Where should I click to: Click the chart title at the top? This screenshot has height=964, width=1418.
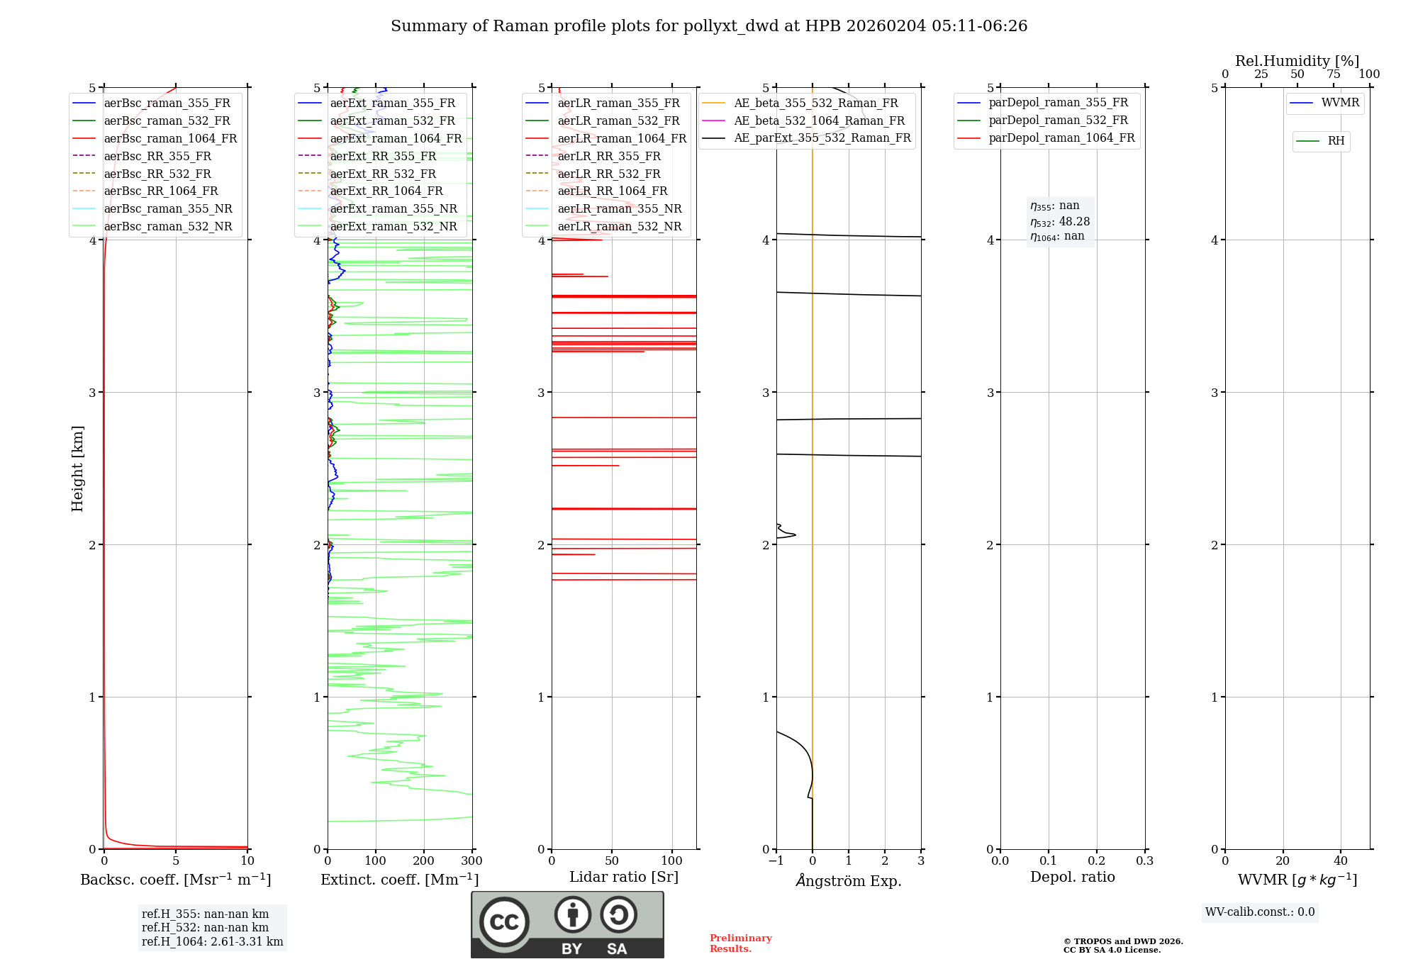click(x=709, y=26)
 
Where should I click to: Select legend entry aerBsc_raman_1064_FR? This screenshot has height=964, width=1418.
click(x=170, y=138)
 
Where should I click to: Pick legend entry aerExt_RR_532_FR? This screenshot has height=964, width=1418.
click(x=383, y=174)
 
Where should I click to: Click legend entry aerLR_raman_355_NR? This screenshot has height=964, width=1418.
click(x=619, y=208)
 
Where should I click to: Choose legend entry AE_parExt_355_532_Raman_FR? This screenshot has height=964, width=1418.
click(x=822, y=138)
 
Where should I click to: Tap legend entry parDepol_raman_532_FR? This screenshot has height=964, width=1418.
click(x=1058, y=120)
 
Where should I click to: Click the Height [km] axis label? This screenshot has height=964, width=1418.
click(x=77, y=468)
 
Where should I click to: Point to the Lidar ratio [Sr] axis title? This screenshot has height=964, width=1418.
click(x=624, y=877)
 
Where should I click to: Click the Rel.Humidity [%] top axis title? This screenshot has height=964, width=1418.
click(x=1297, y=61)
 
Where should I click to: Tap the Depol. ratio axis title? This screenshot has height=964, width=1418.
click(x=1072, y=877)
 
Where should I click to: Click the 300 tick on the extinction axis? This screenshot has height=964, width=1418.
click(x=471, y=861)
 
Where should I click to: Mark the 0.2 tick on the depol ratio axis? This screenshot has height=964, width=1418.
click(x=1096, y=861)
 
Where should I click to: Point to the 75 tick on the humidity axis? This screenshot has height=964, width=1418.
click(x=1333, y=74)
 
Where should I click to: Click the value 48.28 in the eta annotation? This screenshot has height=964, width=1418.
click(x=1074, y=222)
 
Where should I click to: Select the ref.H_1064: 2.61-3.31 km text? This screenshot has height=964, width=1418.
click(x=212, y=941)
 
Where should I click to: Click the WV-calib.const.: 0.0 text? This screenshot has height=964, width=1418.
click(x=1260, y=912)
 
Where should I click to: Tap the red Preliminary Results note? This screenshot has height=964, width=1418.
click(x=740, y=943)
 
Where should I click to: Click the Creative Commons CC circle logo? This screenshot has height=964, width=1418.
click(x=504, y=922)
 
